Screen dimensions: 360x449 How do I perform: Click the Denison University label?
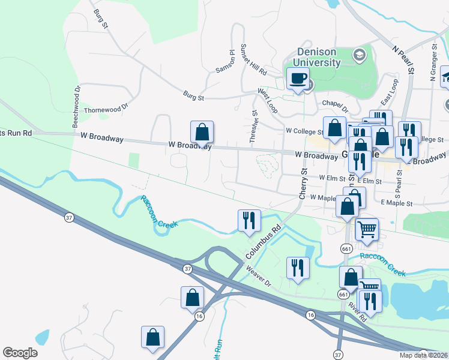(x=318, y=57)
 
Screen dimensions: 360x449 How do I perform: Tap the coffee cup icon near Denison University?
(x=298, y=79)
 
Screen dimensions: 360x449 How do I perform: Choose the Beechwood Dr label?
(x=76, y=106)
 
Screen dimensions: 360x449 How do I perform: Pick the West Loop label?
(x=268, y=100)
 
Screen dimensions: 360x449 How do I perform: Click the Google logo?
(x=20, y=353)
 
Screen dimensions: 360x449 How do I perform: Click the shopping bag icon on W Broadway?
(x=202, y=132)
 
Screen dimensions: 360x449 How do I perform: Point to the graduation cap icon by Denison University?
(x=360, y=56)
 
